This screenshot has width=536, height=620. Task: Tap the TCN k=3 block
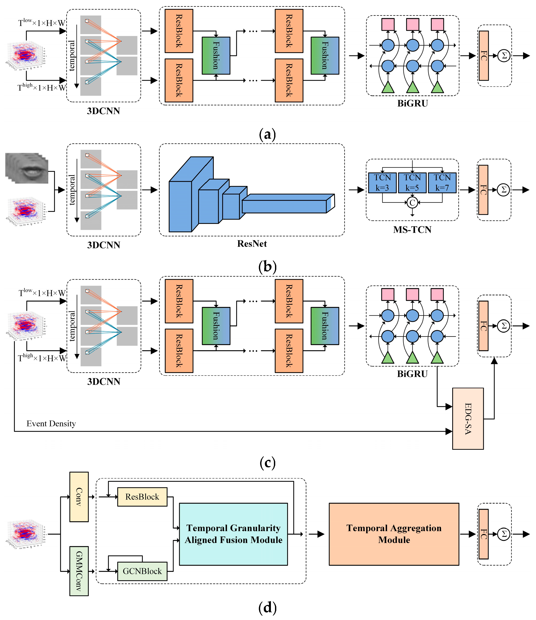[382, 183]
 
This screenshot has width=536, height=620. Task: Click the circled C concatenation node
[412, 203]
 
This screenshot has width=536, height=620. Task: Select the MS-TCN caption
[412, 230]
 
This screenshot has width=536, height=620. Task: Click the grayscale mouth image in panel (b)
[27, 168]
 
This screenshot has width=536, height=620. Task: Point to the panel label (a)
[267, 134]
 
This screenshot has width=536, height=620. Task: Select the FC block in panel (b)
[483, 190]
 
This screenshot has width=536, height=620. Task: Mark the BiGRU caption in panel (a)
[413, 103]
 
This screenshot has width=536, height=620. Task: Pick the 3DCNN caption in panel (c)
[103, 381]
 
